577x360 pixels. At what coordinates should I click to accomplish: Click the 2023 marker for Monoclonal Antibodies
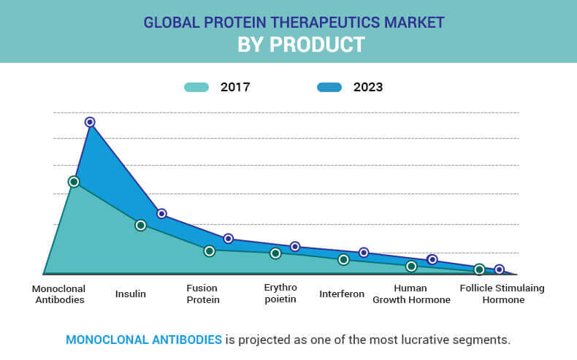(90, 122)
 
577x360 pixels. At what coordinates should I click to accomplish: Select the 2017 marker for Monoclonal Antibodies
(74, 181)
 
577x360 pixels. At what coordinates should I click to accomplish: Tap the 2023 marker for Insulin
(162, 214)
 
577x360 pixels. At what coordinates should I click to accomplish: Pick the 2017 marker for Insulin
(141, 225)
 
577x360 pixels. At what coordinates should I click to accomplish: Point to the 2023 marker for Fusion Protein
(229, 239)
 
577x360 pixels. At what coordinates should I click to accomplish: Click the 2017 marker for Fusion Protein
(210, 251)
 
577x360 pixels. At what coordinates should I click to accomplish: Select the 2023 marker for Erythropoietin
(295, 247)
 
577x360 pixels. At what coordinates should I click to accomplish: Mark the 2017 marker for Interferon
(343, 260)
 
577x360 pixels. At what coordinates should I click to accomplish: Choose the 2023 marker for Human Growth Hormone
(432, 260)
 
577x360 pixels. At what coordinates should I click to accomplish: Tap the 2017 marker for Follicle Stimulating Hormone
(479, 269)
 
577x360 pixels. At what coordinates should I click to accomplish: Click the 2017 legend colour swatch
(196, 87)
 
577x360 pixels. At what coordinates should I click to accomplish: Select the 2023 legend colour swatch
(329, 87)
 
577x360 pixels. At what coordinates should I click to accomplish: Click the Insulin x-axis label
(131, 294)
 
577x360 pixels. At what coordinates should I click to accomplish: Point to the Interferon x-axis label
(342, 294)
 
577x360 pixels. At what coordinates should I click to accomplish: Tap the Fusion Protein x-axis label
(203, 294)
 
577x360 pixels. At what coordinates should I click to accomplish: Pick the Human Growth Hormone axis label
(411, 294)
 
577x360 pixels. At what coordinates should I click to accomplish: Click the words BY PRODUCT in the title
(301, 45)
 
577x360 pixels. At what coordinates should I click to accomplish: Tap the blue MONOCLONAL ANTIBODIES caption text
(144, 340)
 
